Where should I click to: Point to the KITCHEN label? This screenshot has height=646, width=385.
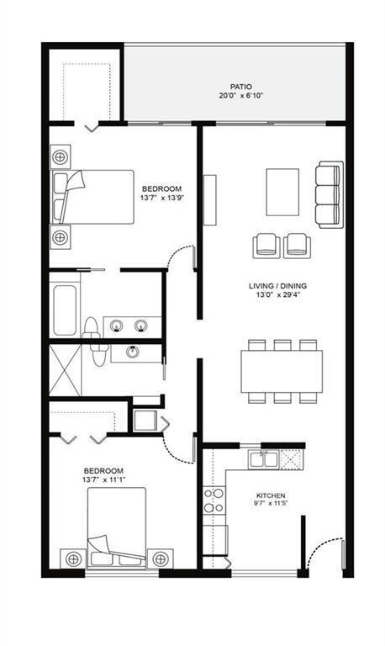coord(272,495)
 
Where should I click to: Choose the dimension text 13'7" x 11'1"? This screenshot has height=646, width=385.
coord(103,480)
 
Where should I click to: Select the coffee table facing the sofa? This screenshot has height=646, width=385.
coord(282,193)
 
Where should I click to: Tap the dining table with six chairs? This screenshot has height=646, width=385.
coord(282,369)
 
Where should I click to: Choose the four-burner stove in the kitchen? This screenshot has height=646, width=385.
coord(214,500)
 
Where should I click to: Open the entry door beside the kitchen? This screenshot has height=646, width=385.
coord(324,559)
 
